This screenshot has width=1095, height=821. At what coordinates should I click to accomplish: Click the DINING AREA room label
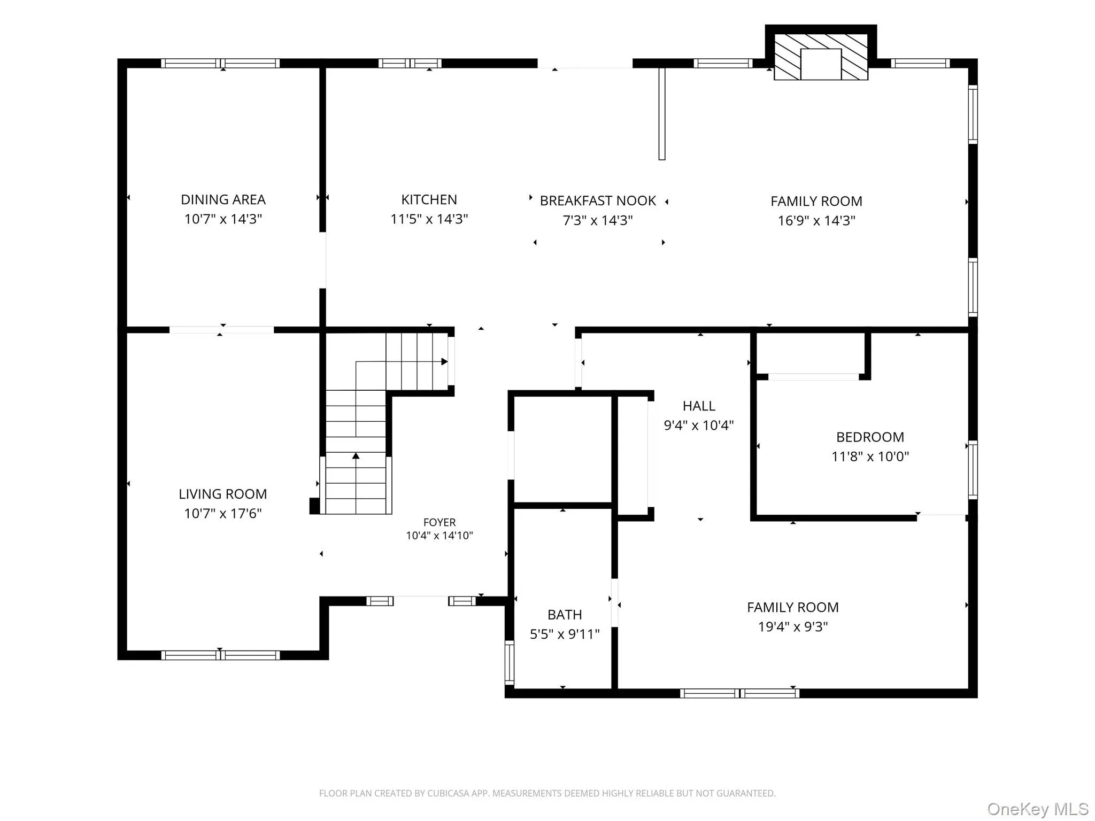(223, 200)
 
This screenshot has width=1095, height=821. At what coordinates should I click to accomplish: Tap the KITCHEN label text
(429, 200)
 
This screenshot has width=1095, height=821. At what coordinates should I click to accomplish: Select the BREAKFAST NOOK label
(598, 201)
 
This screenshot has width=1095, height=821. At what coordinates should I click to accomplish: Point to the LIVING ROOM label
(223, 494)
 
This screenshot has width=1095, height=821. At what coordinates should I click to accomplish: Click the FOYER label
(439, 522)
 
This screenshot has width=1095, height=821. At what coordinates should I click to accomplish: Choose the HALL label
(699, 406)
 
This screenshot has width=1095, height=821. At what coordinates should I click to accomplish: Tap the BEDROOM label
(870, 437)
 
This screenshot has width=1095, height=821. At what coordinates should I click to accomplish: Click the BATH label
(565, 615)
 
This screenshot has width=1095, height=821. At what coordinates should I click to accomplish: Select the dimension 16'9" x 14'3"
(816, 221)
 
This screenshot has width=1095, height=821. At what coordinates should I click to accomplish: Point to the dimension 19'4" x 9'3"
(793, 626)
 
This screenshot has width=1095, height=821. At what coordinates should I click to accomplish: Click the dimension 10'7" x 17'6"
(223, 514)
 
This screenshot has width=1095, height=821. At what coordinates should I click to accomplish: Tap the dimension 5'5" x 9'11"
(565, 634)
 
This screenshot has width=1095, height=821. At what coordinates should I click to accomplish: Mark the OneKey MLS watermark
(1038, 809)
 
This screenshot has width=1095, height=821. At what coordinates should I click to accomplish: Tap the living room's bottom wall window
(220, 655)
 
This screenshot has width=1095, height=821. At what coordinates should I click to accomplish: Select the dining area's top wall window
(220, 64)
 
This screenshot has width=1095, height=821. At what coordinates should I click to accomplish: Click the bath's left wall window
(510, 663)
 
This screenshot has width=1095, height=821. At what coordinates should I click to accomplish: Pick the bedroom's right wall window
(973, 470)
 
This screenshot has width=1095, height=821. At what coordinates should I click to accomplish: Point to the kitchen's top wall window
(410, 64)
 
